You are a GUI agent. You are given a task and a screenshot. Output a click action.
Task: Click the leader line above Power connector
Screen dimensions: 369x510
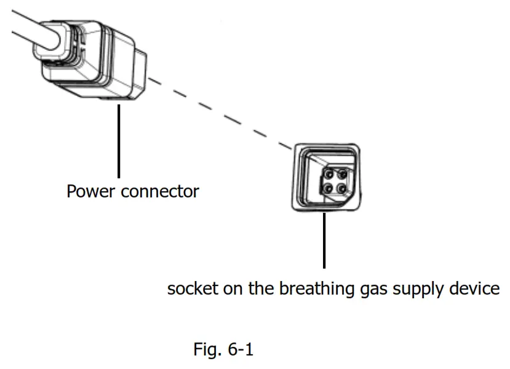(118, 141)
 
